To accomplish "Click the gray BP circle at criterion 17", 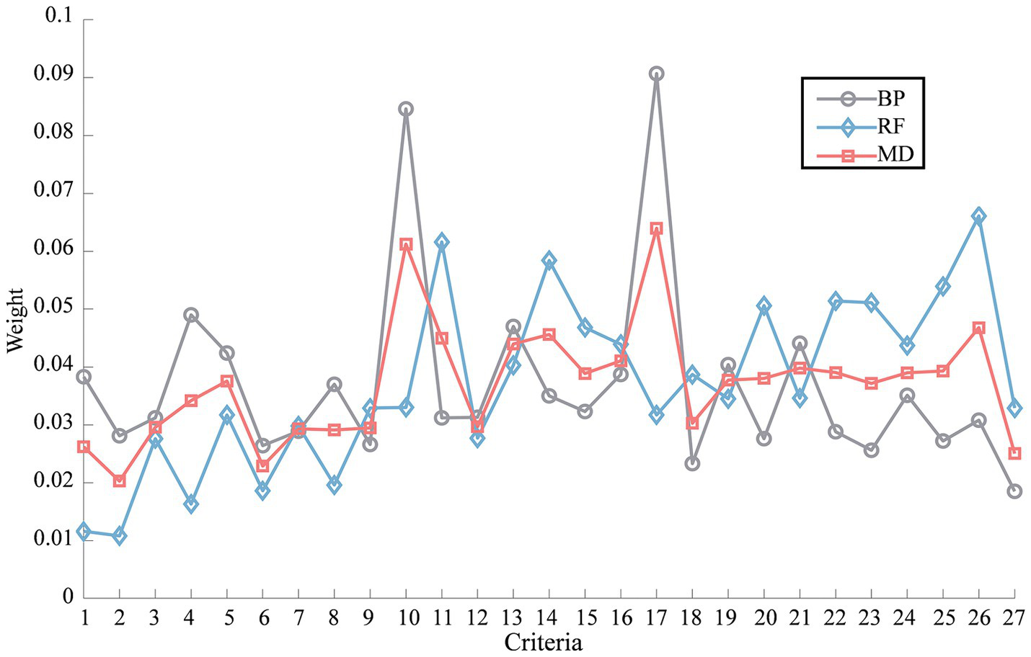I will point(656,73).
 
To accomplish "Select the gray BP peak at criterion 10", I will point(406,109).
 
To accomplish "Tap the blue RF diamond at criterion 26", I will point(978,216).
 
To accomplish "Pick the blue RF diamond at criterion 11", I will point(442,242).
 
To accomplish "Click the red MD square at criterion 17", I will point(656,228).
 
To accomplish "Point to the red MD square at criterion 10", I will point(406,245).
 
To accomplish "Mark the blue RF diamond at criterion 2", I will point(119,536).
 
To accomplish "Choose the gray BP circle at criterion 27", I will point(1014,491).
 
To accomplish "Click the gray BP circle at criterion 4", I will point(191,315).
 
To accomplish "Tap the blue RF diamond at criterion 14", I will point(549,260).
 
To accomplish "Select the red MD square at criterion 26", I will point(978,328).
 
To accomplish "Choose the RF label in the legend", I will point(890,127).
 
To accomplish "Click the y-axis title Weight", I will point(16,320).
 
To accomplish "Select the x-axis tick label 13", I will point(513,617).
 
